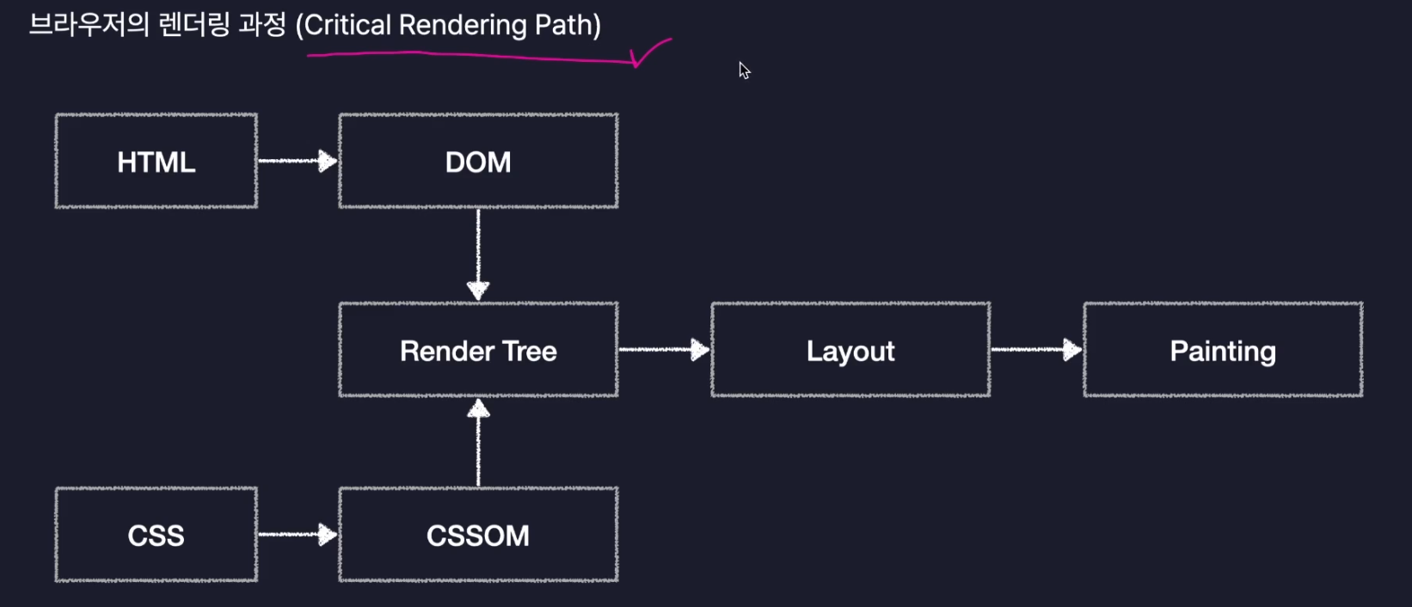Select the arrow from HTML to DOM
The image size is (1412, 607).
[298, 161]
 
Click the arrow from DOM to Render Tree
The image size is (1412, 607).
[478, 255]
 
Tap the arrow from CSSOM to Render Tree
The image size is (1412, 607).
[478, 443]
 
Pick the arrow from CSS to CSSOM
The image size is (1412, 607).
[298, 535]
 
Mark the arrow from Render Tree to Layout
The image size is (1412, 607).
[665, 350]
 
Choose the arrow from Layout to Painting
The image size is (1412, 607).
[1037, 350]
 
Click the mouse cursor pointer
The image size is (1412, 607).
[744, 70]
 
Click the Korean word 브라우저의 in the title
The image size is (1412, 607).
[89, 25]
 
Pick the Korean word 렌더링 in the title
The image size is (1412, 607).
[194, 25]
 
